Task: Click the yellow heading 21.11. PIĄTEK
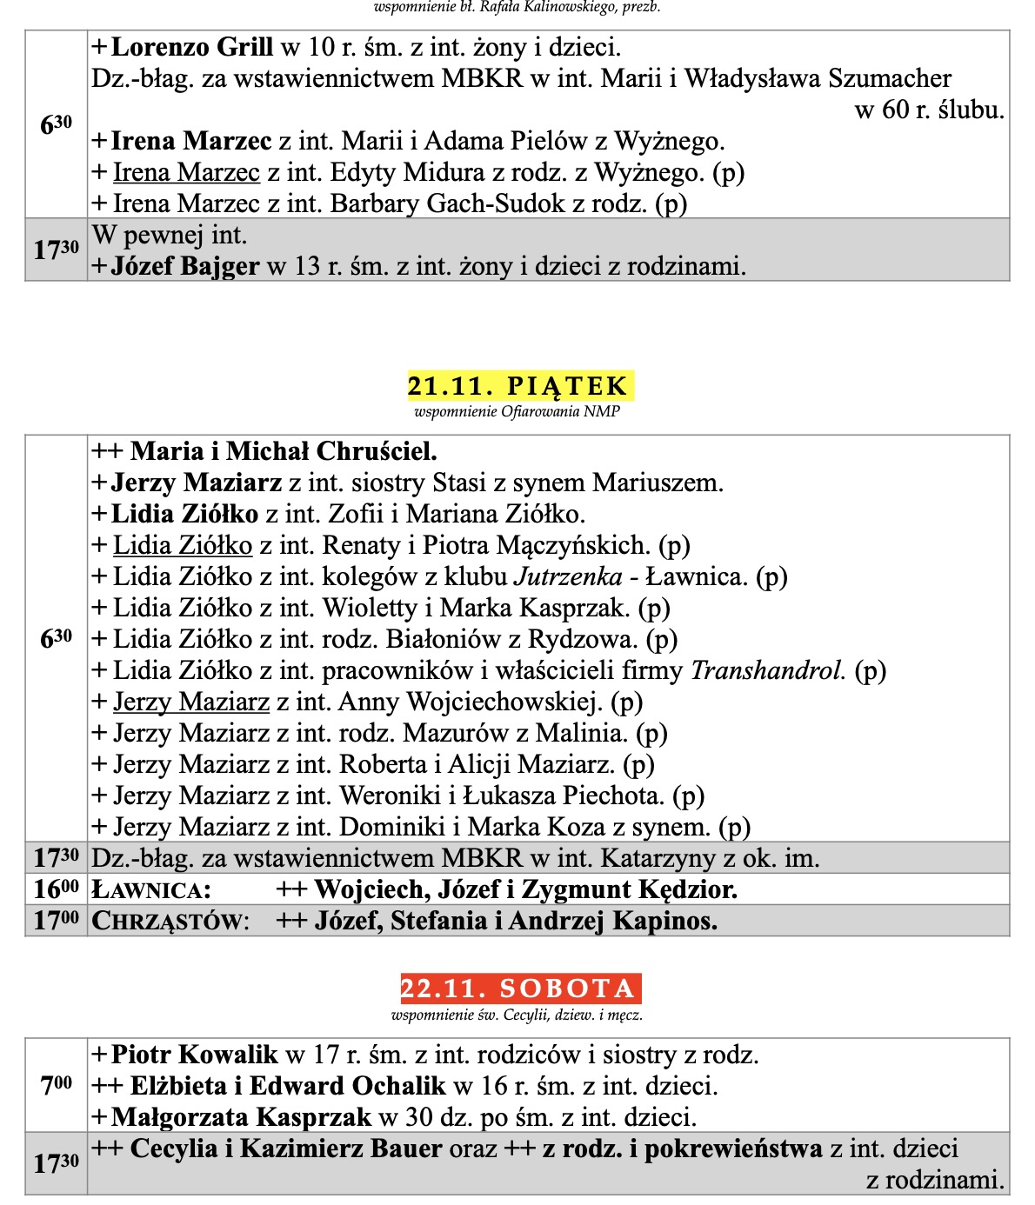519,386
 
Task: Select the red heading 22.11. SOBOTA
519,989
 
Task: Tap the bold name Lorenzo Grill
192,47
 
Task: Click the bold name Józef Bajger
185,266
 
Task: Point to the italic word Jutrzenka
568,576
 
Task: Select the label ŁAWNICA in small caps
151,890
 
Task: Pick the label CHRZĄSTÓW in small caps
170,922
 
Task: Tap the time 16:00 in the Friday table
57,889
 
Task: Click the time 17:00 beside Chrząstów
57,921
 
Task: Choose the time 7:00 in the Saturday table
57,1085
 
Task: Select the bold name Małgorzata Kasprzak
241,1117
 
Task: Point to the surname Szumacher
889,78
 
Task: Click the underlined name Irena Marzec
186,172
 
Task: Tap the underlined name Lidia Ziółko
183,545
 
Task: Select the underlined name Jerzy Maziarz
191,702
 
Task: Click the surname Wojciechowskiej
504,702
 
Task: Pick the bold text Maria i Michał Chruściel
284,451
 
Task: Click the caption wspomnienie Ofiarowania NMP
517,412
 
